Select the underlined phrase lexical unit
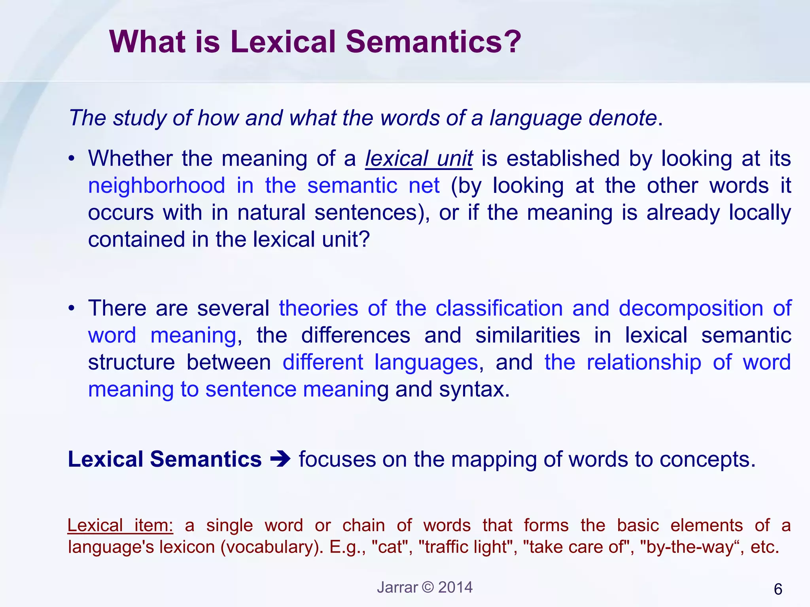pyautogui.click(x=418, y=159)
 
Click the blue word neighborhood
pyautogui.click(x=157, y=186)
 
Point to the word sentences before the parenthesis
pyautogui.click(x=366, y=213)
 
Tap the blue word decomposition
pyautogui.click(x=691, y=308)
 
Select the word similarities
pyautogui.click(x=528, y=336)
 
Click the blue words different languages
pyautogui.click(x=380, y=362)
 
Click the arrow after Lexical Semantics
pyautogui.click(x=280, y=460)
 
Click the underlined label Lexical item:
pyautogui.click(x=120, y=526)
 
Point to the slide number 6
pyautogui.click(x=778, y=589)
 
